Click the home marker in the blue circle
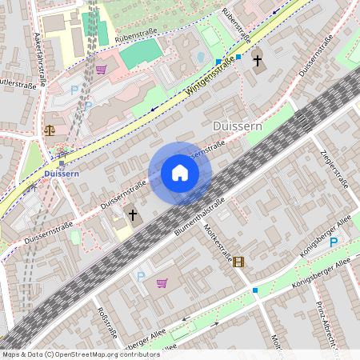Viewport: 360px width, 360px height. (179, 173)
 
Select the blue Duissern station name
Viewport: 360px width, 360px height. (61, 173)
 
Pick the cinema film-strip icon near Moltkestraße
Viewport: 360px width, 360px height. (238, 261)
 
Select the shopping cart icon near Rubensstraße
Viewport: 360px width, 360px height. (101, 70)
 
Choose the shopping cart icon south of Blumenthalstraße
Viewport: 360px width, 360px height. (162, 282)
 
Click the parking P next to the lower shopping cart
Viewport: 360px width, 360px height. (142, 276)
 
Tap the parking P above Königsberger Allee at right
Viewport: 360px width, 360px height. (334, 241)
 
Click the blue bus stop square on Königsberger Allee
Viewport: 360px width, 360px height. (255, 290)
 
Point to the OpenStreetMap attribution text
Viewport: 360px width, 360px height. (80, 354)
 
